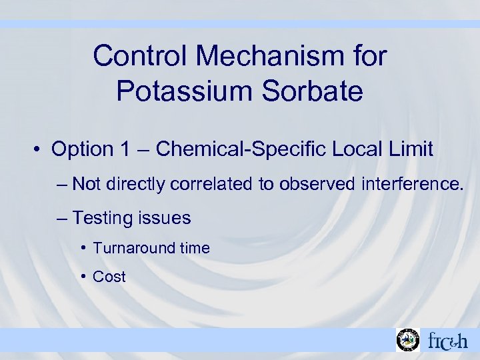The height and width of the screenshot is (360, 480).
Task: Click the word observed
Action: pyautogui.click(x=317, y=183)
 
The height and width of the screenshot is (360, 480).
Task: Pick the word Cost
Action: pyautogui.click(x=109, y=277)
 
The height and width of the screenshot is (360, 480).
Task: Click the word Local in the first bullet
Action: pyautogui.click(x=357, y=149)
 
